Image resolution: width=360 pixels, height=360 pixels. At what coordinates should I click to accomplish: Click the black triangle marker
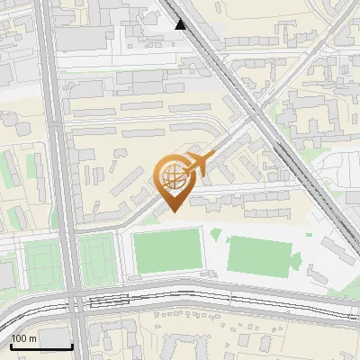(181, 24)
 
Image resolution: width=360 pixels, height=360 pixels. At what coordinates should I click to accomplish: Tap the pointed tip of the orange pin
(170, 211)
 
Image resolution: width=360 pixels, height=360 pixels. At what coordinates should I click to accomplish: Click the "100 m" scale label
(23, 338)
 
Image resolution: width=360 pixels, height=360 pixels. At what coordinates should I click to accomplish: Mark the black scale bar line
(41, 346)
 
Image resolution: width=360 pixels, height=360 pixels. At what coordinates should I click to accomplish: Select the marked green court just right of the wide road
(96, 257)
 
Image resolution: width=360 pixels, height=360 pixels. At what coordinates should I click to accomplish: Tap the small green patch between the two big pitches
(216, 235)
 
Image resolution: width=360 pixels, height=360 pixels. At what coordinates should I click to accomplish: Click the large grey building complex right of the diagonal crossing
(315, 117)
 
